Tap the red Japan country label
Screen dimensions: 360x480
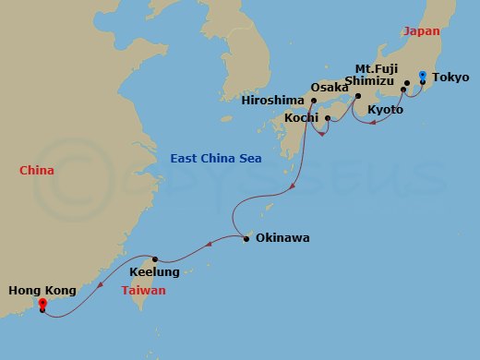tap(421, 30)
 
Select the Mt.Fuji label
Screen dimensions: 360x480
tap(375, 67)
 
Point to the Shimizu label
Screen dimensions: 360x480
tap(369, 81)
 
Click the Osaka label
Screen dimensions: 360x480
tap(328, 88)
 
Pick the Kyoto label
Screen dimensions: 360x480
tap(385, 110)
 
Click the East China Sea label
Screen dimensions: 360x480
tap(215, 159)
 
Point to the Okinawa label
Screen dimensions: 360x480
tap(282, 238)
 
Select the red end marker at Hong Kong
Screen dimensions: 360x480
tap(42, 300)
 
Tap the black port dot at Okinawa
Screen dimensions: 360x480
tap(246, 239)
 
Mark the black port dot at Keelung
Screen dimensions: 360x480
tap(156, 259)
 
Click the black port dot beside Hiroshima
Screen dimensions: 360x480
tap(314, 102)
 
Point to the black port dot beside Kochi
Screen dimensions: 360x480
tap(328, 118)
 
